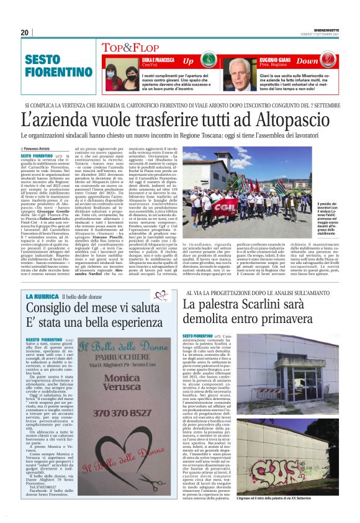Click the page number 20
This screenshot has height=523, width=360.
25,32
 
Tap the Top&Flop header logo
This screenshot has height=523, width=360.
130,47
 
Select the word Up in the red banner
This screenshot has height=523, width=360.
188,61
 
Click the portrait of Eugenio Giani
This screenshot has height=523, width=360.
240,74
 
